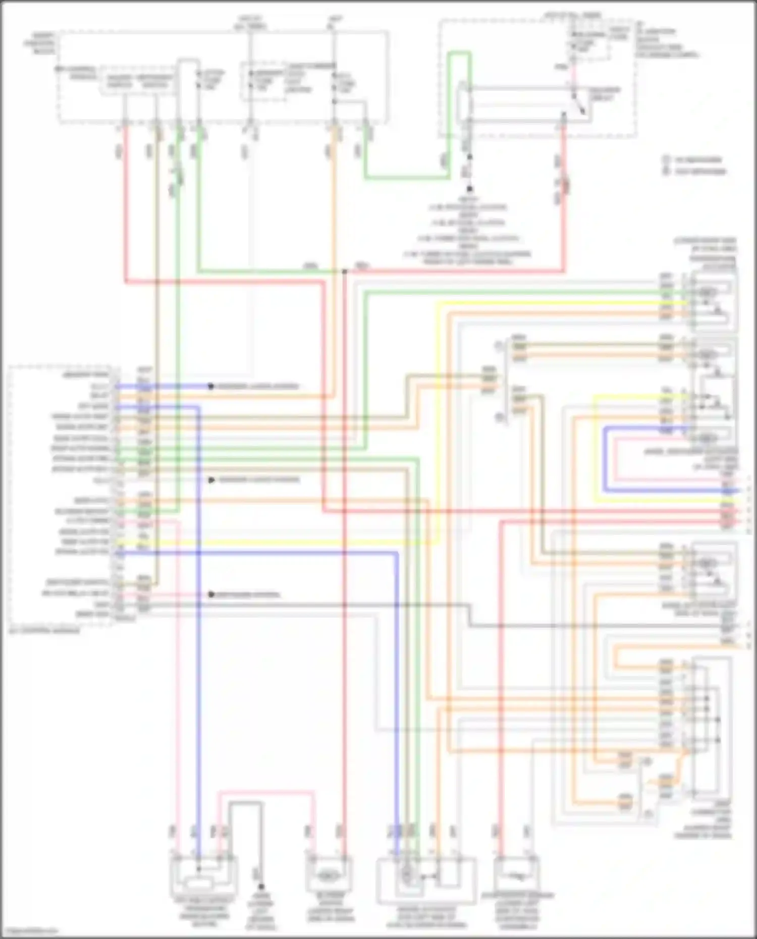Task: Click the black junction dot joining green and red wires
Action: [345, 271]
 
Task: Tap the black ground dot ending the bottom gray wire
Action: [261, 886]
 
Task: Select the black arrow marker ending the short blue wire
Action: [211, 386]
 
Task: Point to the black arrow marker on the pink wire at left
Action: [211, 595]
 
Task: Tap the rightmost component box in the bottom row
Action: [517, 874]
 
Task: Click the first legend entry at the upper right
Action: [693, 160]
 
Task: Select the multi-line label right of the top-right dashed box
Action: [666, 42]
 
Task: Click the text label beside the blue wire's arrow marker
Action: [258, 386]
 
